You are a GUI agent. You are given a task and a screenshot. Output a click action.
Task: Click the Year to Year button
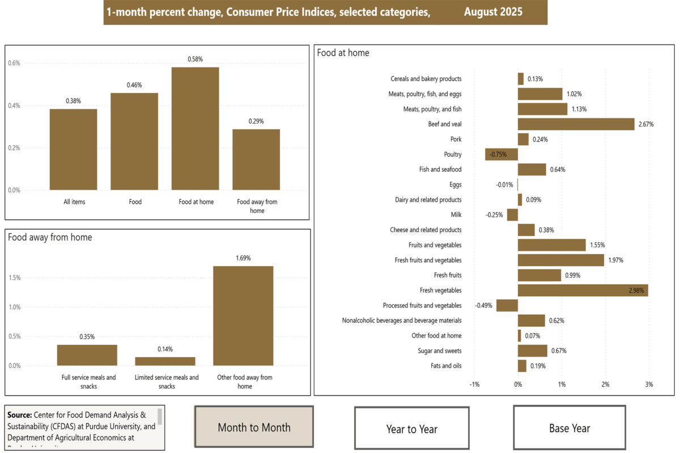click(x=412, y=428)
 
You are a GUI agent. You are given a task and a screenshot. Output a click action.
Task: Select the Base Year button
click(x=569, y=428)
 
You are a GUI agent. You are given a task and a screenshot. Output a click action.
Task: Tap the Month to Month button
click(x=254, y=428)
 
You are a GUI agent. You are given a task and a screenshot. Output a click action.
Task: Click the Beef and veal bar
click(x=576, y=124)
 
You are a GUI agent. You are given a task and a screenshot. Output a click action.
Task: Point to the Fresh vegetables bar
click(x=583, y=290)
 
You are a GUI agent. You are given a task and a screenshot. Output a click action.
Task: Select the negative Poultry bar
click(x=501, y=155)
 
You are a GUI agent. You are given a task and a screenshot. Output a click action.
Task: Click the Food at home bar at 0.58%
click(x=195, y=129)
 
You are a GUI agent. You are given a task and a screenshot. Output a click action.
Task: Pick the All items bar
click(x=73, y=149)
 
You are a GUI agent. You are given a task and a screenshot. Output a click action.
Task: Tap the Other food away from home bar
click(x=243, y=315)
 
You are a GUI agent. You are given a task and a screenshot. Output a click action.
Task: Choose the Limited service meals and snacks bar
click(x=165, y=361)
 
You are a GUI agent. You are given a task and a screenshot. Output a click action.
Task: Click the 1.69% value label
click(x=243, y=258)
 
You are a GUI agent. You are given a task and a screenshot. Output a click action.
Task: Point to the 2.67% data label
click(x=646, y=124)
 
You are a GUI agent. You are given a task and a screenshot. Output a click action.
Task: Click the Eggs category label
click(x=455, y=185)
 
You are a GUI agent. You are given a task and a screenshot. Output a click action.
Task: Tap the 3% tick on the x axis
click(x=649, y=384)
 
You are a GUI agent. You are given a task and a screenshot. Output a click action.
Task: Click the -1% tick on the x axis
click(x=474, y=384)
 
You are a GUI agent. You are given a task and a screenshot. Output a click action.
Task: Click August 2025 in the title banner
click(x=493, y=12)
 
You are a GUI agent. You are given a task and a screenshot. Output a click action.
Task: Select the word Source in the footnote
click(x=19, y=414)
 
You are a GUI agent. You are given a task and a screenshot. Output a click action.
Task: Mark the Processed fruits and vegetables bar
click(x=507, y=305)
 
